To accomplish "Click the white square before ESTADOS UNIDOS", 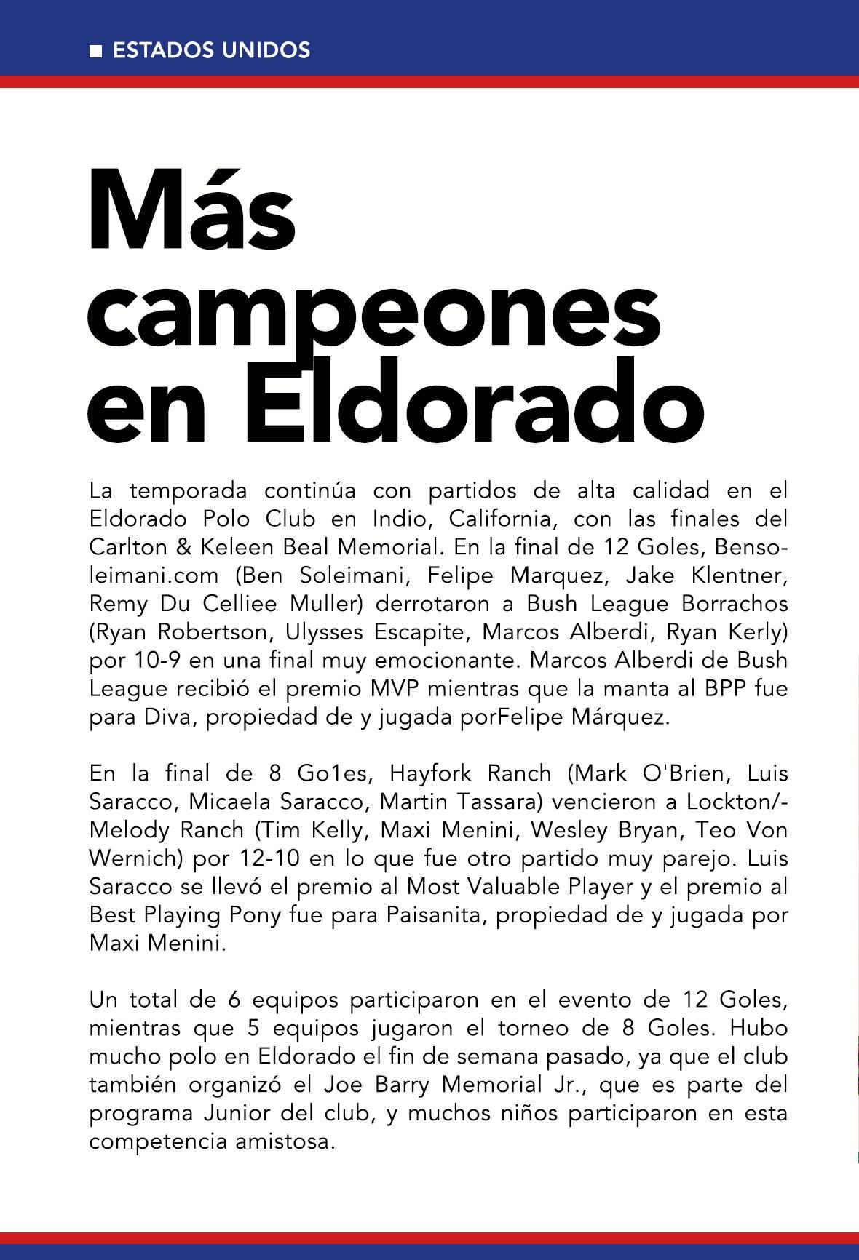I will click(x=95, y=51).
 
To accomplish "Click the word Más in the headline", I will click(x=192, y=211).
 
